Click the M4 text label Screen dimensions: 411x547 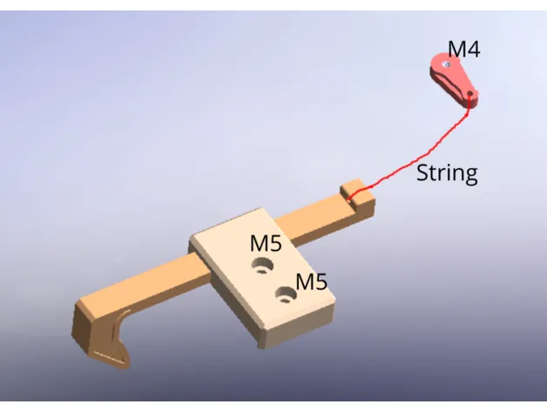(x=463, y=50)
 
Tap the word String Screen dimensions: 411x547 (x=447, y=173)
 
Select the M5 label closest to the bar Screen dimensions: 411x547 (x=266, y=243)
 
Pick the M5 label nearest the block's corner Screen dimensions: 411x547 (x=311, y=282)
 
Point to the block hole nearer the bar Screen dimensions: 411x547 (x=260, y=263)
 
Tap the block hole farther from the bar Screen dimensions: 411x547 (x=284, y=298)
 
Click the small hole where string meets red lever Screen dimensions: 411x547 (x=471, y=93)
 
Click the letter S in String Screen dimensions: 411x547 (x=422, y=172)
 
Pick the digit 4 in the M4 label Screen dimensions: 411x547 (x=473, y=50)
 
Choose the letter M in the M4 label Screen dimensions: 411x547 (x=456, y=50)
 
